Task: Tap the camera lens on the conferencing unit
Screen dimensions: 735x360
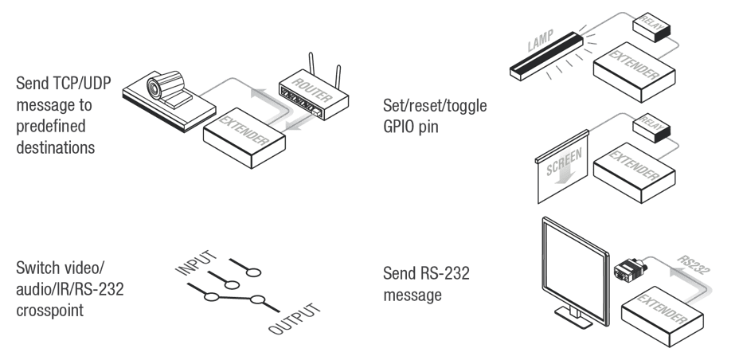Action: (x=154, y=88)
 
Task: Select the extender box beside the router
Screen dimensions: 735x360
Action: (x=244, y=138)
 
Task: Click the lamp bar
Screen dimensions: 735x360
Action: (x=546, y=56)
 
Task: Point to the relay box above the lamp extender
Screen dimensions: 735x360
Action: (x=651, y=27)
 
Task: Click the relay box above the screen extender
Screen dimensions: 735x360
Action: (x=651, y=127)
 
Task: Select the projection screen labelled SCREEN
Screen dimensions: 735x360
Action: (x=562, y=167)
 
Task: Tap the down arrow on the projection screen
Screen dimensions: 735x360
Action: (x=565, y=177)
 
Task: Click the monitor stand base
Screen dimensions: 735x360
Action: (x=573, y=318)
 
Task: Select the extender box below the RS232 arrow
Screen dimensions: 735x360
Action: (x=663, y=316)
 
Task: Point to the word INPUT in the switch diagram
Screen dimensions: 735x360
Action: (x=196, y=263)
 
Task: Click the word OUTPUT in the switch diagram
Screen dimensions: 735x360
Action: (x=295, y=319)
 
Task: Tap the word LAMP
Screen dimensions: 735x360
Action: (x=541, y=41)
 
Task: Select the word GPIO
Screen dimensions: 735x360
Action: (x=400, y=127)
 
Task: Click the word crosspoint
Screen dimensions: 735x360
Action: (x=50, y=311)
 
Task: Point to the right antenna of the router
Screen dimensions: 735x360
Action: (x=338, y=77)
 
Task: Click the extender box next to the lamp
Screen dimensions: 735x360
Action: (x=634, y=72)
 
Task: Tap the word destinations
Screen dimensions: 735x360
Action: (x=56, y=147)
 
